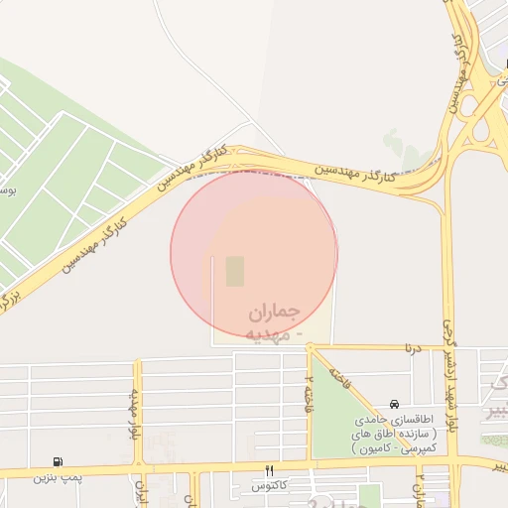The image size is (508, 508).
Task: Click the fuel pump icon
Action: tap(62, 460)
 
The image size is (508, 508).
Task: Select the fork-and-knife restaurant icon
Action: tap(268, 469)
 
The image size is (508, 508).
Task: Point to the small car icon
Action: tap(395, 405)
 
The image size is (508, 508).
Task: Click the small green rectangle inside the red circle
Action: tap(234, 271)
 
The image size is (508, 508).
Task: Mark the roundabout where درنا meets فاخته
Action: tap(311, 348)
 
